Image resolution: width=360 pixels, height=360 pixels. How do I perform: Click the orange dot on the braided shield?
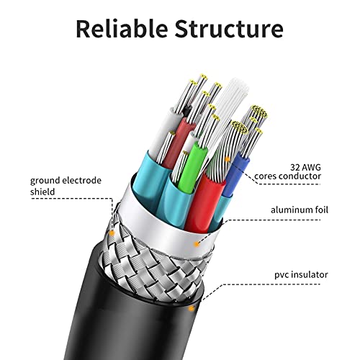(114, 233)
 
